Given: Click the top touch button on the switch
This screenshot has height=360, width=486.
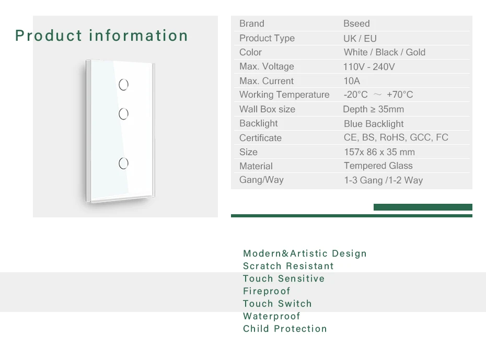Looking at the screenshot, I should tap(124, 84).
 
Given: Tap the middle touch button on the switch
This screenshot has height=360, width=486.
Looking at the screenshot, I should tap(124, 113).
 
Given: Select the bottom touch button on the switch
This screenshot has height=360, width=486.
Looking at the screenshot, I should tap(124, 164).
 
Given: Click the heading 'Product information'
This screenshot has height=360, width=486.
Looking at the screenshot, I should tap(101, 36).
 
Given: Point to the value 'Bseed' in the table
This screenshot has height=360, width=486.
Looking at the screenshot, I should tap(356, 24).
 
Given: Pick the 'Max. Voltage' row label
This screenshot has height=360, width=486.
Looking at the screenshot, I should tap(267, 66).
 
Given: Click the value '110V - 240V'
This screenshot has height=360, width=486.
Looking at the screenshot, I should tap(369, 67).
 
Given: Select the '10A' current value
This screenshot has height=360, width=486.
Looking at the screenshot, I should tap(352, 81).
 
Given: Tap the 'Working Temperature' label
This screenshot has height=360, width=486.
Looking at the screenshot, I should tap(284, 95).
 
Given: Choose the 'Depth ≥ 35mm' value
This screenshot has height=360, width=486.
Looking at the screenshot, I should tap(373, 109).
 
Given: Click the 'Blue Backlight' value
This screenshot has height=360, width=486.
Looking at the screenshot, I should tap(374, 124).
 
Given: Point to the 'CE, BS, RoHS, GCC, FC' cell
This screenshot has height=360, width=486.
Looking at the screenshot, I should tap(396, 137).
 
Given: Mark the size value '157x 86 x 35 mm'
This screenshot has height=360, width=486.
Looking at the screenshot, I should tap(379, 152).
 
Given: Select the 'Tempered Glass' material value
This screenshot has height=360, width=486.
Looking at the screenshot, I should tap(378, 166).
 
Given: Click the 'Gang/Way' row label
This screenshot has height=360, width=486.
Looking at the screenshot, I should tap(261, 180).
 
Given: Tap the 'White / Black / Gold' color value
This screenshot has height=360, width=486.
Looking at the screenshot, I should tap(384, 52).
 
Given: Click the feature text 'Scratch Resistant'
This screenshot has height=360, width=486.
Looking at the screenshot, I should tap(288, 266).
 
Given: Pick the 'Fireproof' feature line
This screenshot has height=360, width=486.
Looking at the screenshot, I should tap(267, 291).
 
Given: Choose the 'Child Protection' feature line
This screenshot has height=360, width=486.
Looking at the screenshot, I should tap(285, 329).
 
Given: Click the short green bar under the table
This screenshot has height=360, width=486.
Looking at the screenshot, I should tap(423, 207).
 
